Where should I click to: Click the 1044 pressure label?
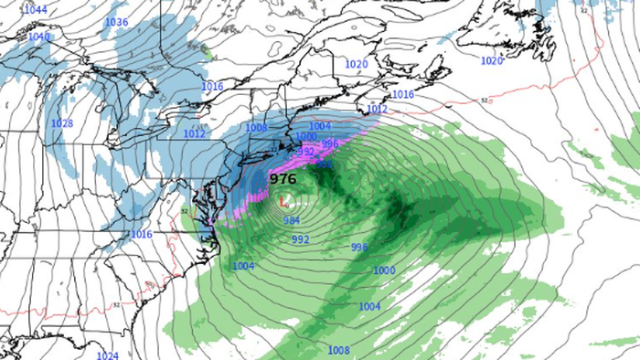37,10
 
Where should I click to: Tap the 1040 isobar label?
39,37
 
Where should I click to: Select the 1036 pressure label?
117,22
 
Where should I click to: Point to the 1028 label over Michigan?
62,123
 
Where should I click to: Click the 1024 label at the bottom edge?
108,355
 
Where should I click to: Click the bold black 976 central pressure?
283,179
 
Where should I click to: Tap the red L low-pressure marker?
284,200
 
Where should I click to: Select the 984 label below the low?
292,221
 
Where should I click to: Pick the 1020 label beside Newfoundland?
492,60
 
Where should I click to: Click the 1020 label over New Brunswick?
357,64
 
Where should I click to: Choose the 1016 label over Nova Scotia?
402,95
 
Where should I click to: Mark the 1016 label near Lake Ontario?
212,86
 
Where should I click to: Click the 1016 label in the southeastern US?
141,235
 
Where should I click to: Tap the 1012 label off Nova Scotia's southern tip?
377,109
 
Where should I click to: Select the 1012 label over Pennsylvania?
194,133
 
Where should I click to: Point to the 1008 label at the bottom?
338,350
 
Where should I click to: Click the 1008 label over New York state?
257,128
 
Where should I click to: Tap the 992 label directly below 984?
301,239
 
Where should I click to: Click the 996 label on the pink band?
330,143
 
